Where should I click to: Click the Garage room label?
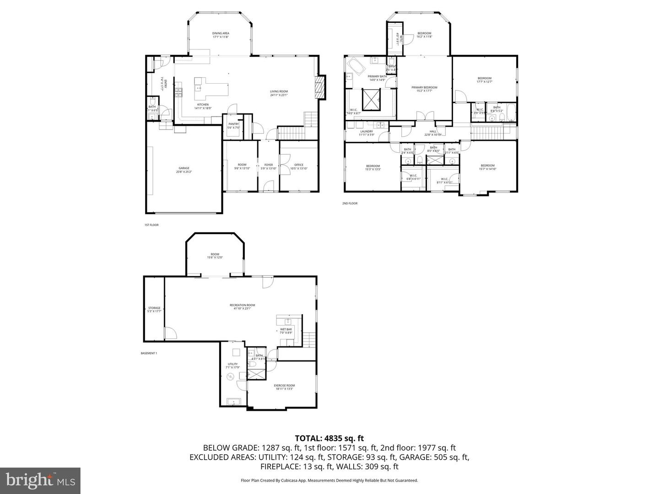point(184,168)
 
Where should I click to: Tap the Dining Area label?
point(221,33)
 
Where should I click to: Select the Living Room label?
point(279,91)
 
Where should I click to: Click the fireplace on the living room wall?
point(320,87)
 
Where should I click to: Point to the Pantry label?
point(233,124)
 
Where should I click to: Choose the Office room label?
point(299,165)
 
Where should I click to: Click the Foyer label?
point(269,165)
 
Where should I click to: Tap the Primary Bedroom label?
point(424,87)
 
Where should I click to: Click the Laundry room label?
point(367,131)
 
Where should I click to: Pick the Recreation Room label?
point(242,305)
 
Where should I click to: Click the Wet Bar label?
point(286,329)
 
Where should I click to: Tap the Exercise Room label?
point(284,386)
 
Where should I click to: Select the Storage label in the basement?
point(154,308)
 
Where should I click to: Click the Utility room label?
point(232,365)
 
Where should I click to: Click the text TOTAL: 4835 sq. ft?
point(329,438)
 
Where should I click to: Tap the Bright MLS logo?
point(40,480)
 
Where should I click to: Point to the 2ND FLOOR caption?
point(350,203)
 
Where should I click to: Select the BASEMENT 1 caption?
point(149,353)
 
